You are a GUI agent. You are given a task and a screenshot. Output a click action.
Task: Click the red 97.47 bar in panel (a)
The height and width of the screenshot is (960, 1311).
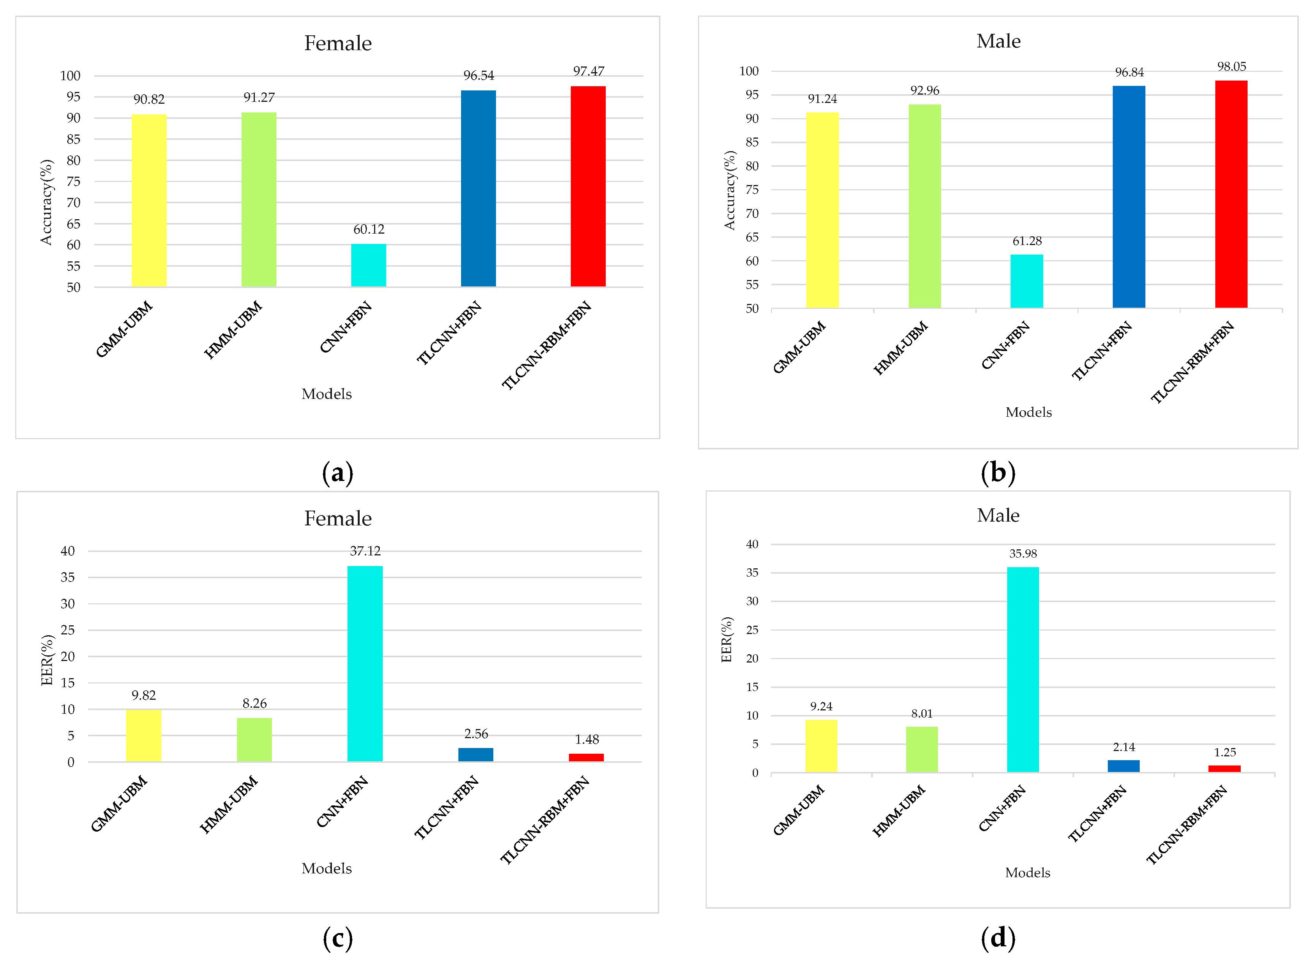588,186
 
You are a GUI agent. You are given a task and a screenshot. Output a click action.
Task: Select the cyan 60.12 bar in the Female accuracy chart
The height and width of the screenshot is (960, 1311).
368,265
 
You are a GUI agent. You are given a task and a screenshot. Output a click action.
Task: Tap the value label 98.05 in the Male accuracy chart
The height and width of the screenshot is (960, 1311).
1231,67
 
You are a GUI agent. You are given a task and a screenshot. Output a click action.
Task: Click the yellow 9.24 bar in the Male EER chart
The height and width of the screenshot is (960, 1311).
821,746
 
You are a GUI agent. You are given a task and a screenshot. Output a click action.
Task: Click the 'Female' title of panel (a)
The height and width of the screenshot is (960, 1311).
338,43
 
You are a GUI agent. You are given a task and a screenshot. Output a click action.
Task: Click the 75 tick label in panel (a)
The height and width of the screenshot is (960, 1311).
73,181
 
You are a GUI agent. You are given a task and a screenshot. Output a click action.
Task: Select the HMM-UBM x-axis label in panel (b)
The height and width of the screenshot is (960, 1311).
900,348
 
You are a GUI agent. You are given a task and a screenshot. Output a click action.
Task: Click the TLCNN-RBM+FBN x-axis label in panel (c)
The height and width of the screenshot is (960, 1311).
545,819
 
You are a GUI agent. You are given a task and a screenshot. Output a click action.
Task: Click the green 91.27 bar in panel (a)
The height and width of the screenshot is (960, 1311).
259,199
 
